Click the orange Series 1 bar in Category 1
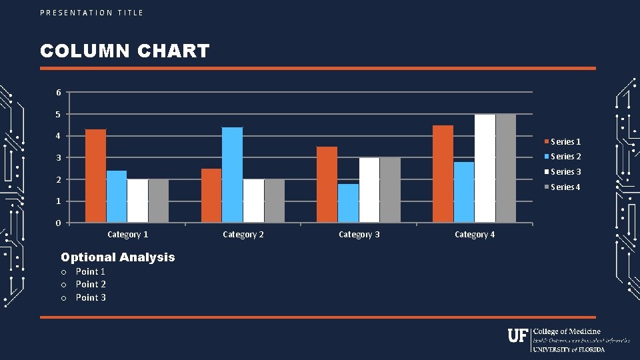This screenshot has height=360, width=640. [x=96, y=176]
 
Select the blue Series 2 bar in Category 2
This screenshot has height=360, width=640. [x=232, y=175]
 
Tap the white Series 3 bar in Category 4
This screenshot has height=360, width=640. [x=485, y=168]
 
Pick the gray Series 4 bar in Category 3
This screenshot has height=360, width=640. [x=390, y=190]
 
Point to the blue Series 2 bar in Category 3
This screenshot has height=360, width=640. [x=348, y=203]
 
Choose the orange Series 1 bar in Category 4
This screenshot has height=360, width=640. [x=443, y=174]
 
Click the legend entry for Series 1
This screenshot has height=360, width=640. [x=563, y=141]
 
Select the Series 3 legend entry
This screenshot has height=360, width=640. [x=563, y=172]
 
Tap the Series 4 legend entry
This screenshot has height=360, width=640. [x=563, y=187]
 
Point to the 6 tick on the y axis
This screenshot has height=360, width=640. [x=58, y=92]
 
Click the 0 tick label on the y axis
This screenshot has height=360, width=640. [x=58, y=223]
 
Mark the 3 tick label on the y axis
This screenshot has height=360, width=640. [x=58, y=157]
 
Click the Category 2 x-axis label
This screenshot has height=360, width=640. [x=243, y=235]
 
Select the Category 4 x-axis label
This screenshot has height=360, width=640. [x=475, y=235]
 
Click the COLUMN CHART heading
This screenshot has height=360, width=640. [x=125, y=51]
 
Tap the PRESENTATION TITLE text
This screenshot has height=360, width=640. [x=91, y=13]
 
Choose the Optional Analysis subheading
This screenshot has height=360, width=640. [x=117, y=257]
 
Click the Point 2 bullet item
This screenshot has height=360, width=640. [x=91, y=285]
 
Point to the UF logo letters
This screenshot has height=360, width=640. [x=517, y=335]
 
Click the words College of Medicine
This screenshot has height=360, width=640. [x=567, y=331]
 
